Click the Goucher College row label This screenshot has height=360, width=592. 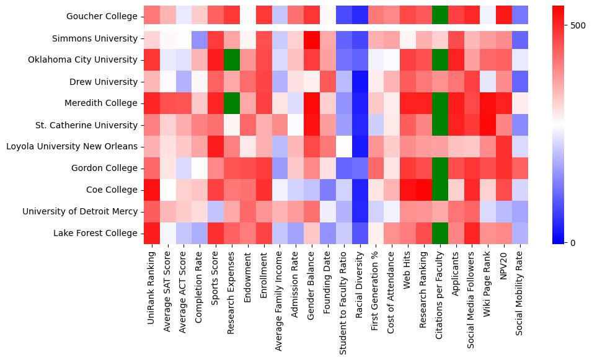coord(102,17)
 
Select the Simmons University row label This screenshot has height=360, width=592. coord(95,38)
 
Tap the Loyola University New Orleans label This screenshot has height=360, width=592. coord(71,147)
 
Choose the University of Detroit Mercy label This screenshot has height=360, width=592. coord(80,211)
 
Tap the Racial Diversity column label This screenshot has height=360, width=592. coord(360,283)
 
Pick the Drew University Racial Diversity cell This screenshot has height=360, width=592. coord(360,82)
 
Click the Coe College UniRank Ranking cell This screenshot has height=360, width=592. coord(152,190)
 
